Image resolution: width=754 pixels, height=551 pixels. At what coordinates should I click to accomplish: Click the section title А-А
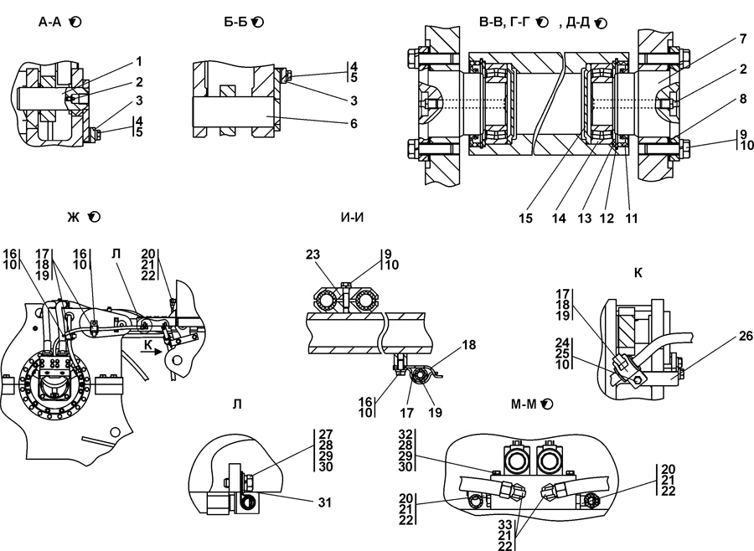(50, 22)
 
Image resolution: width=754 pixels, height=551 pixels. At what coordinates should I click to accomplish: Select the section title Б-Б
(235, 22)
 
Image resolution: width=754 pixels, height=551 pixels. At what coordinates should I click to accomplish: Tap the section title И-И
(352, 218)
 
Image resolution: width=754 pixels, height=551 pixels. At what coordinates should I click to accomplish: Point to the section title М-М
(524, 404)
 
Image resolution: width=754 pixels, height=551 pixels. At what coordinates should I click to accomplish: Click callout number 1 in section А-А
(139, 61)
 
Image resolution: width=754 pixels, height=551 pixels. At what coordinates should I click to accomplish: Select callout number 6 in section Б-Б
(354, 124)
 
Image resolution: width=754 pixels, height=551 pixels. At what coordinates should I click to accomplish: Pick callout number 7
(743, 40)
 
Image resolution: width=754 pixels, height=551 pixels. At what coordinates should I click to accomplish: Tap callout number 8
(743, 99)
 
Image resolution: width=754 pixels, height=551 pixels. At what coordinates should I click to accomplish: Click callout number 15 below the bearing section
(525, 219)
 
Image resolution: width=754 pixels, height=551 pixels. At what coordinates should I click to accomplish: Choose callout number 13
(584, 219)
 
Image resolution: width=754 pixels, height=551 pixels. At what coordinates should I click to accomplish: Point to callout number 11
(631, 219)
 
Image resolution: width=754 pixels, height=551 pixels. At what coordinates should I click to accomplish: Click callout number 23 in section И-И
(312, 254)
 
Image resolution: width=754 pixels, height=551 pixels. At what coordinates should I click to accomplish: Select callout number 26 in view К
(746, 336)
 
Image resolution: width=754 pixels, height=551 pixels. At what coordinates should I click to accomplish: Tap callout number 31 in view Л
(325, 502)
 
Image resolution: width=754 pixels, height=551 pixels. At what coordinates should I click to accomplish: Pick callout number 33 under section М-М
(504, 524)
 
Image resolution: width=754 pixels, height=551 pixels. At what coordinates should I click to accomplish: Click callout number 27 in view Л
(326, 434)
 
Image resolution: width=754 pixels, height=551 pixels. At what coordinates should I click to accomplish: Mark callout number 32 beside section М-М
(405, 434)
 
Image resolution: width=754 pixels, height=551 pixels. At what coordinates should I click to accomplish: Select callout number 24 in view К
(563, 342)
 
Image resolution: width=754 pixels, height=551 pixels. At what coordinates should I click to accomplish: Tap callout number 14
(559, 219)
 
